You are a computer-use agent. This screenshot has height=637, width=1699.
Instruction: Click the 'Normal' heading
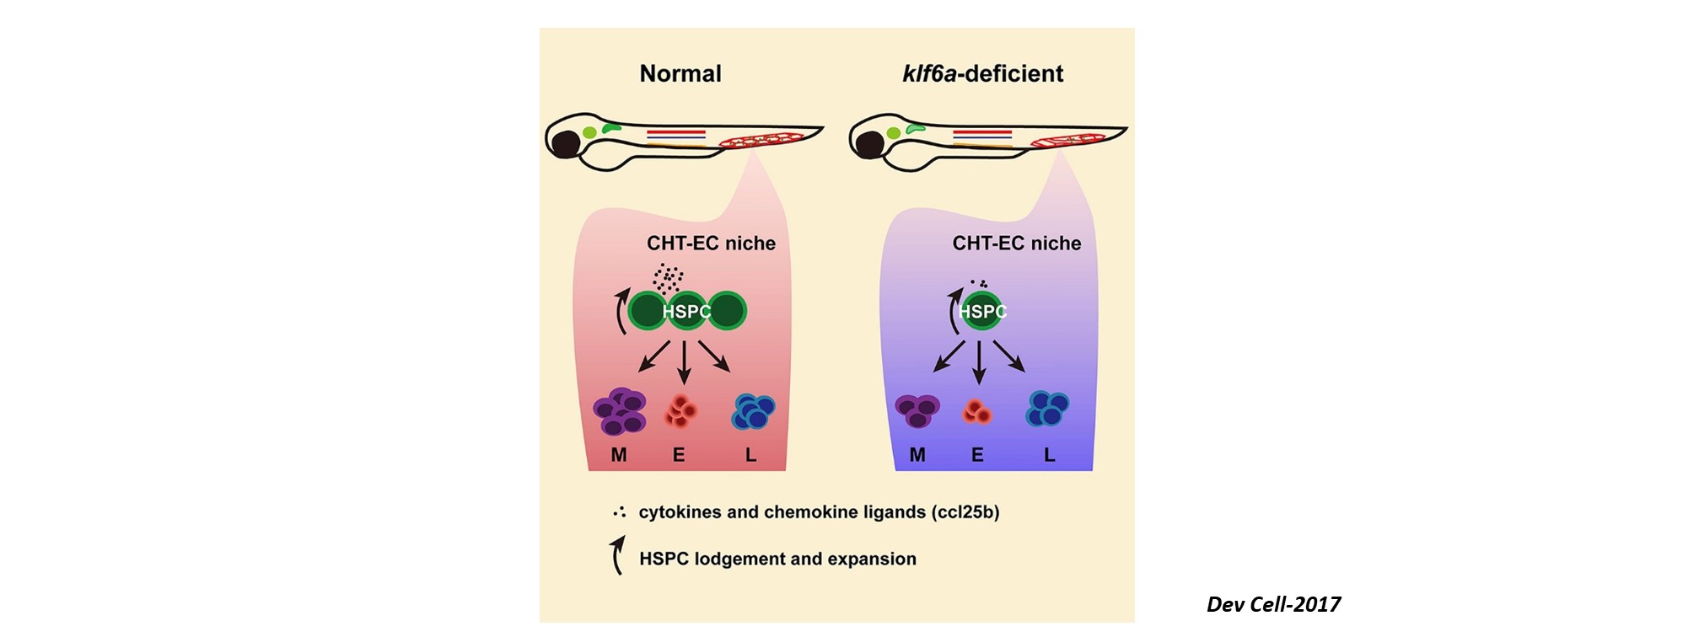pos(680,74)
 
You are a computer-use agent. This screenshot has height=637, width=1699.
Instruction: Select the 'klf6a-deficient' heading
pos(982,74)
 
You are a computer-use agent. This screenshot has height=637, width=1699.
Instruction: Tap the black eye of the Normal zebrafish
pos(564,144)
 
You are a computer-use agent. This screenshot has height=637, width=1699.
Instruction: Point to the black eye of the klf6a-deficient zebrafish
pos(868,145)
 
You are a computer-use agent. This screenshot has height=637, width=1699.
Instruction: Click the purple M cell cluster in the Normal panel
pos(620,410)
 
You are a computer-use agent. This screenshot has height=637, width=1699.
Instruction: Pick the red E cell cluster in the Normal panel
pos(681,411)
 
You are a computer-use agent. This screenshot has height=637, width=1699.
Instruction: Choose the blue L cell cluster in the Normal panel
pos(752,411)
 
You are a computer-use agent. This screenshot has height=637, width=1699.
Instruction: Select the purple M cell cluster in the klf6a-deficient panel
pos(917,410)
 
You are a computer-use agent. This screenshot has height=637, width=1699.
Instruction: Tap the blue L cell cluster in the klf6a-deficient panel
pos(1046,409)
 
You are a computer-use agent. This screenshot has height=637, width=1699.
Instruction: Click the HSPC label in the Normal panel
pos(686,312)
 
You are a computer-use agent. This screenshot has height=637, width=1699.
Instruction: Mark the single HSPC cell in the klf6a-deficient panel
pos(982,312)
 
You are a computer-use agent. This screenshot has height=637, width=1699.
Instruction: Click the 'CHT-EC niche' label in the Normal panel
pos(711,244)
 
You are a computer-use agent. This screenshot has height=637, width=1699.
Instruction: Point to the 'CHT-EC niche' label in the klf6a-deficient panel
pos(1016,244)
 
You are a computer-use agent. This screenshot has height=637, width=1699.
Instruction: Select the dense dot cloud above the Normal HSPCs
pos(667,277)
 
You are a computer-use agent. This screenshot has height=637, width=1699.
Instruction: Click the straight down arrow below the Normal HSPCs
pos(684,362)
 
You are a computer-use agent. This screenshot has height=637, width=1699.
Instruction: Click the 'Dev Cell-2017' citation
pos(1272,604)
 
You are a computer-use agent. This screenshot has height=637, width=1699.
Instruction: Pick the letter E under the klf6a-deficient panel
pos(977,455)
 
